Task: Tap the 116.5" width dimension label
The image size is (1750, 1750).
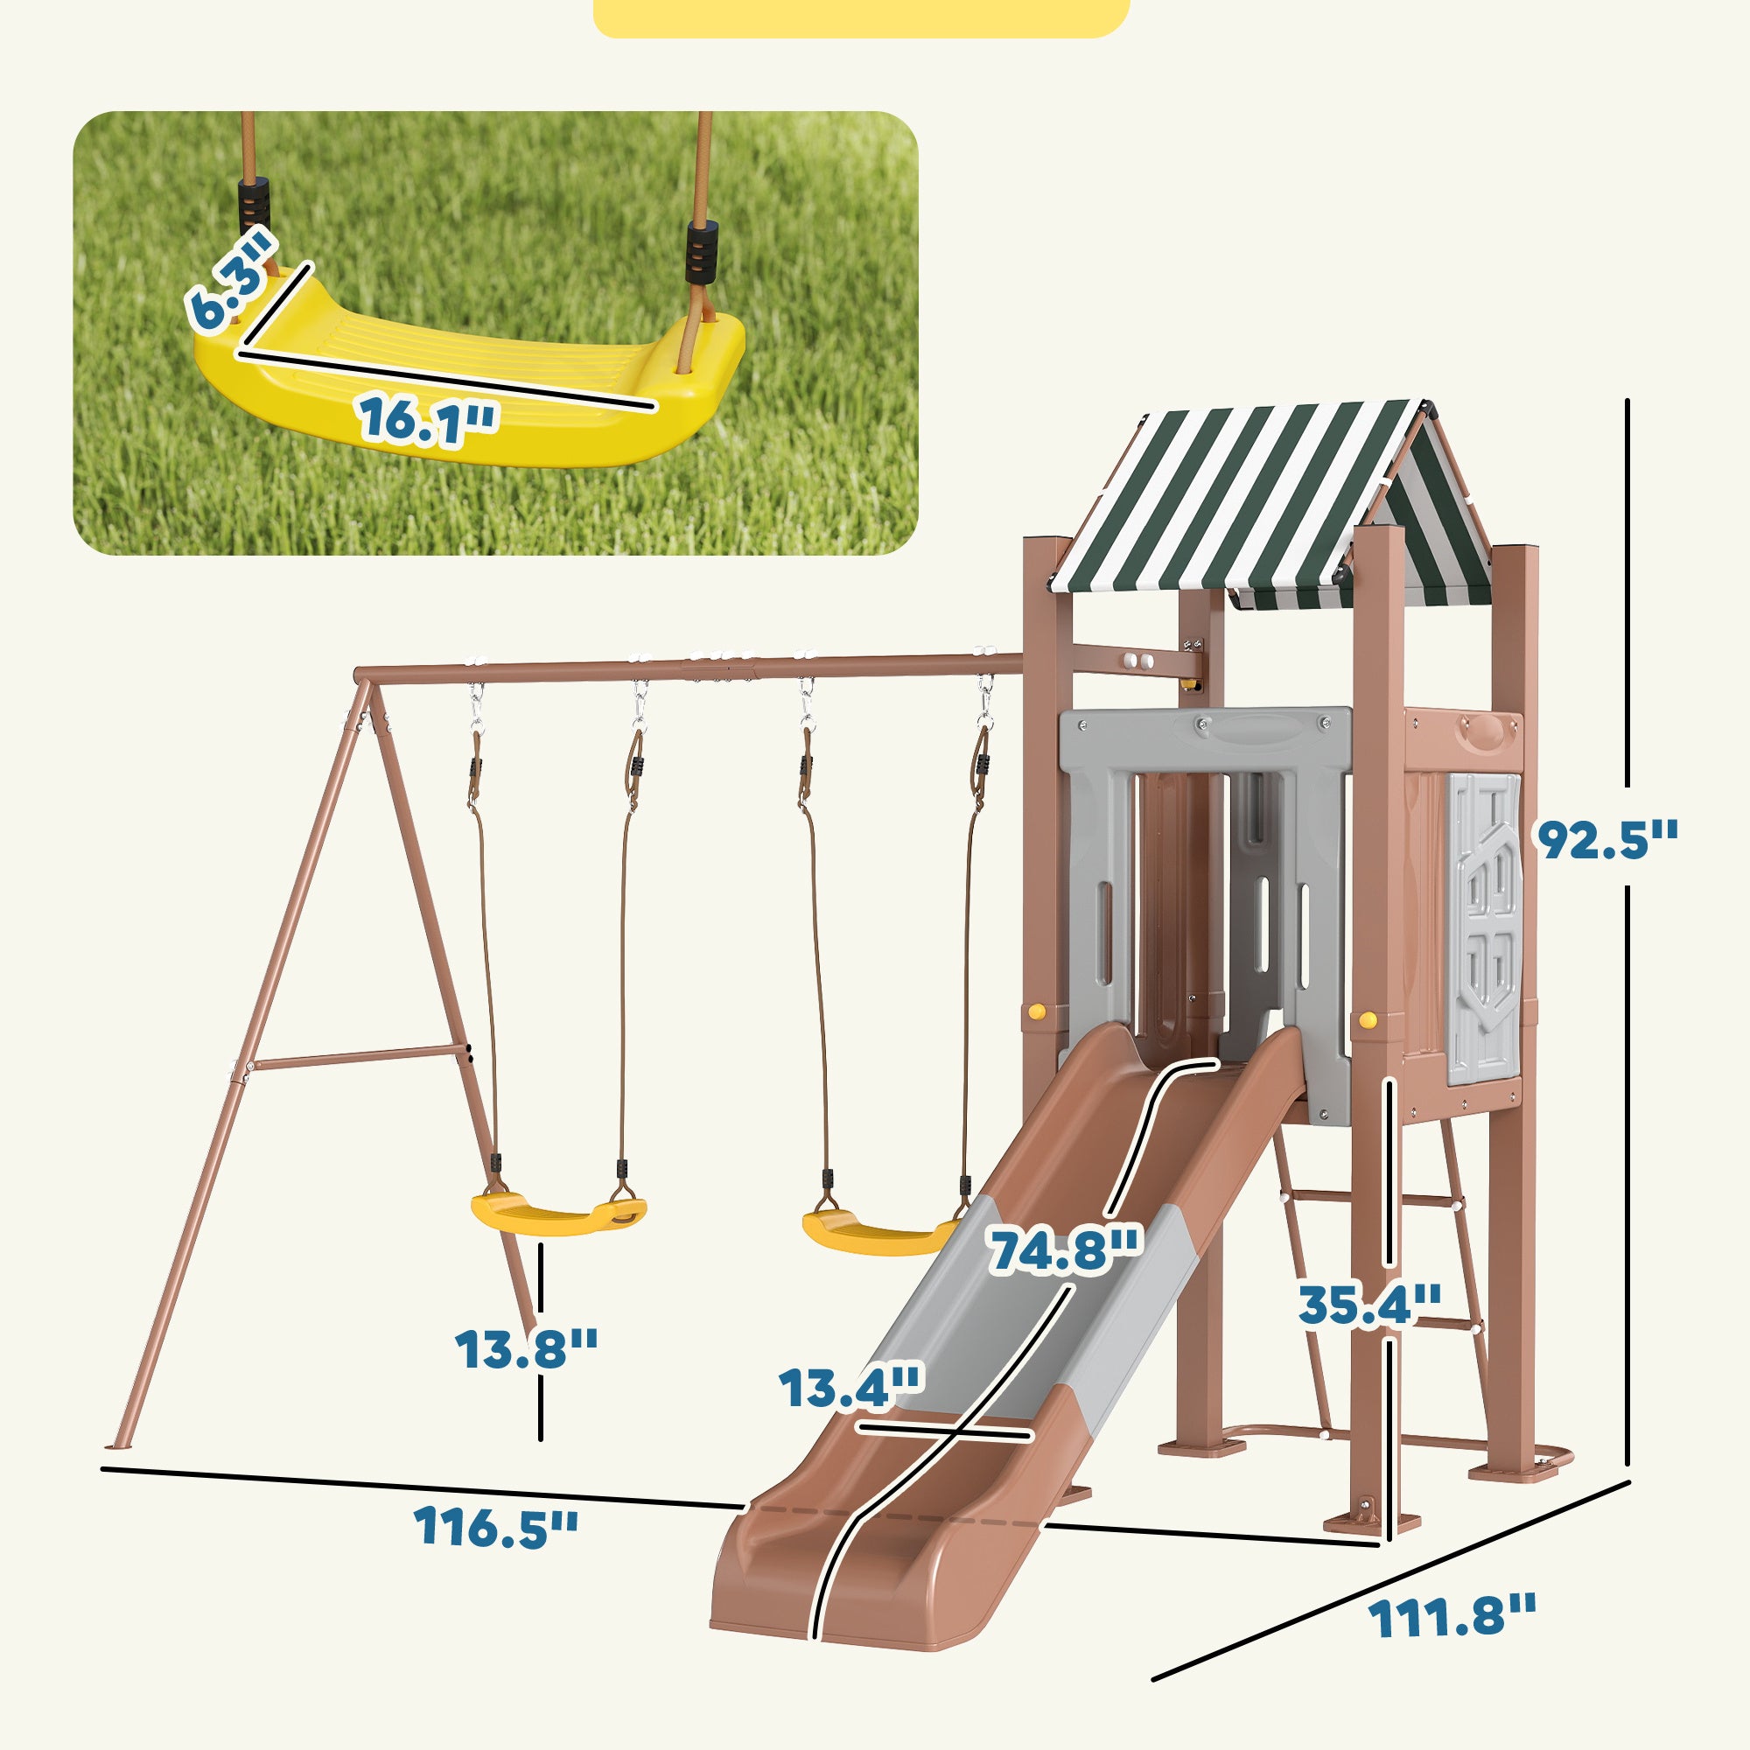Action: (x=494, y=1526)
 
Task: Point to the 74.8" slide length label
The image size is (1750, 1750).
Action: (x=1064, y=1251)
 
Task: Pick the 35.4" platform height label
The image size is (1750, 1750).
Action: (x=1368, y=1306)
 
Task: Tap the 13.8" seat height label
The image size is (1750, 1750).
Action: (x=526, y=1348)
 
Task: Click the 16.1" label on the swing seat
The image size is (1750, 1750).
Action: (x=428, y=420)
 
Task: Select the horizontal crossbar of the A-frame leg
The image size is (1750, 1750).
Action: (x=358, y=1056)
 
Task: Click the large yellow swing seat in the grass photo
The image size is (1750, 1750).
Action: (x=471, y=381)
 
